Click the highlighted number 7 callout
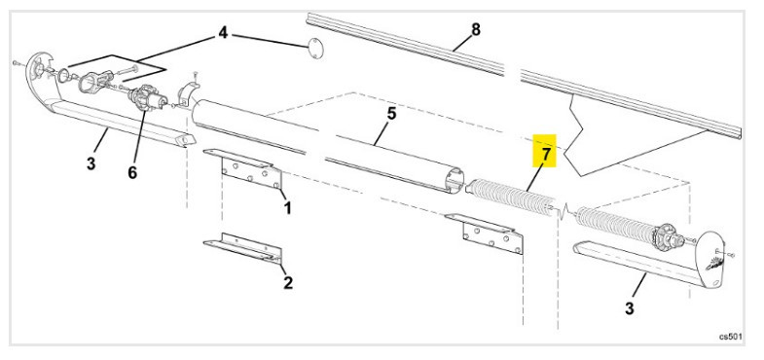click(546, 153)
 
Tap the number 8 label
click(475, 29)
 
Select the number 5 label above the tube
click(391, 114)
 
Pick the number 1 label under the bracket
click(287, 207)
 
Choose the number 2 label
click(287, 283)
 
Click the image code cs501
click(731, 336)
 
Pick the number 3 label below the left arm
click(91, 164)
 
